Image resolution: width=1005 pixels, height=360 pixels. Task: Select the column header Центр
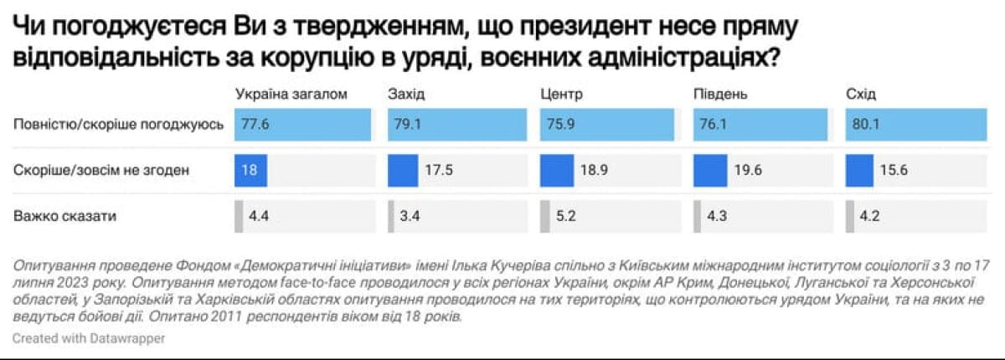(562, 94)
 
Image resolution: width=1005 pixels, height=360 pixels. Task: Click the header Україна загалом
(291, 94)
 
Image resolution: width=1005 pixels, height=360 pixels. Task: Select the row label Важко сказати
(64, 216)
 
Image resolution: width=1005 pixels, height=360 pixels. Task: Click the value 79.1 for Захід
(408, 125)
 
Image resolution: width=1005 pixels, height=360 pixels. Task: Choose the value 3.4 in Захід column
(411, 216)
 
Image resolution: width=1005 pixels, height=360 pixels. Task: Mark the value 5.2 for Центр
(565, 216)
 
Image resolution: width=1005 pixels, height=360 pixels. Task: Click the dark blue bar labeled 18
(250, 170)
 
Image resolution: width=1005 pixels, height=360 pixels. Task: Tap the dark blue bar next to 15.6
(859, 170)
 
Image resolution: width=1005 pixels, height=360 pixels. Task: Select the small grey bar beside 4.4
(239, 216)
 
